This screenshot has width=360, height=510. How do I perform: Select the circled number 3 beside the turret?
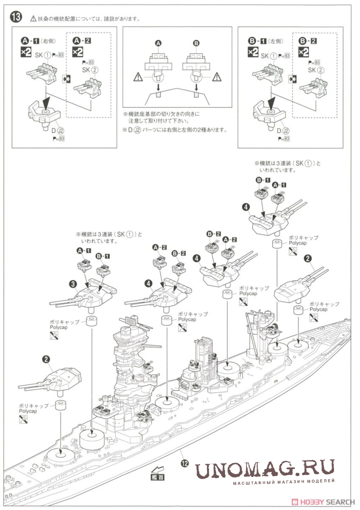coord(73,284)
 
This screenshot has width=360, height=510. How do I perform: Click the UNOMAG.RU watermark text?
coord(264,469)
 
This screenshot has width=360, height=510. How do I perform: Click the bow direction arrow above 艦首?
coord(156,470)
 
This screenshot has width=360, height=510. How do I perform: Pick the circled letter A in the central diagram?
coord(159,44)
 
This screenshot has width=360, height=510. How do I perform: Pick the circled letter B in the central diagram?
coord(196,44)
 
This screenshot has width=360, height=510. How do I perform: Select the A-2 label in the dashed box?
coord(82,40)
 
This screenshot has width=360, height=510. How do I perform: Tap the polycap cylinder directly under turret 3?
coord(91,321)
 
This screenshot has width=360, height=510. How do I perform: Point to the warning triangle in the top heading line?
coord(34,18)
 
